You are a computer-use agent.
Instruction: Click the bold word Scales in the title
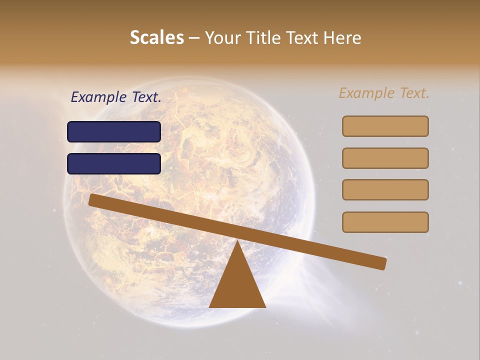(x=156, y=37)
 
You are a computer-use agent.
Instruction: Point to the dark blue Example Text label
(x=116, y=97)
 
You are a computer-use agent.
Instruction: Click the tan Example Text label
(x=384, y=93)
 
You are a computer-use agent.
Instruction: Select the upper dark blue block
(x=114, y=131)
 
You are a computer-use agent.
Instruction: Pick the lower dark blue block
(x=114, y=163)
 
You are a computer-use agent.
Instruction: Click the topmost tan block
(x=385, y=126)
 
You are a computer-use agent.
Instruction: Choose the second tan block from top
(x=385, y=158)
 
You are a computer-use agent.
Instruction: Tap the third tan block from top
(x=385, y=189)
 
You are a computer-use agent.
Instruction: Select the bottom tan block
(x=385, y=222)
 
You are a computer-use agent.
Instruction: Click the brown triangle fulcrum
(x=237, y=285)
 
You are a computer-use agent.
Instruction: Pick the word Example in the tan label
(x=367, y=93)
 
